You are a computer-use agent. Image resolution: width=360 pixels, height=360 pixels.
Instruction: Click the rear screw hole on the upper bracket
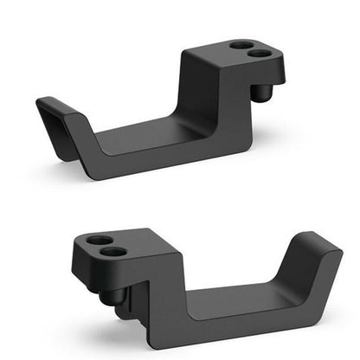pyautogui.click(x=241, y=44)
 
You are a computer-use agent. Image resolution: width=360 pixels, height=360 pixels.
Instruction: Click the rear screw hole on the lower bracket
pyautogui.click(x=100, y=240)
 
